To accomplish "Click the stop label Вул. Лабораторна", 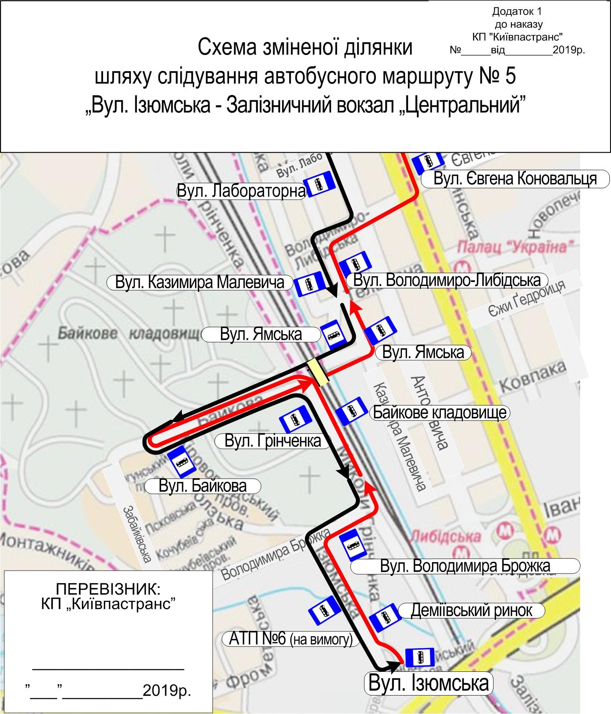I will coord(242,191).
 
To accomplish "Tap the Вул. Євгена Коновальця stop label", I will coord(515,178).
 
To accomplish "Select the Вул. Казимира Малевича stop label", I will coord(199,282).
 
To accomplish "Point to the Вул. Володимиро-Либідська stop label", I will coord(447,280).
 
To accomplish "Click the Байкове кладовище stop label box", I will coord(439,412).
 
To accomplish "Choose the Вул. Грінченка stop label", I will coord(273,441).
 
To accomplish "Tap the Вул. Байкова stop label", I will coord(203,486).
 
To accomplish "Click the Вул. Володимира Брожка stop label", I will coord(465,566).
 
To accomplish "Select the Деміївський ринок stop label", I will coord(471,610).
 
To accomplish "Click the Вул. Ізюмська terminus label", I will coord(428,683).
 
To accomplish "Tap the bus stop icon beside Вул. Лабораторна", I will coord(319,184).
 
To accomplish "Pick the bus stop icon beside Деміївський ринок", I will coord(384,616).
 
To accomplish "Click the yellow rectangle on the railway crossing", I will coord(317,373).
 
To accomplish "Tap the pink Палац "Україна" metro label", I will coord(516,247).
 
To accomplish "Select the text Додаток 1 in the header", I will coord(517,12).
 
